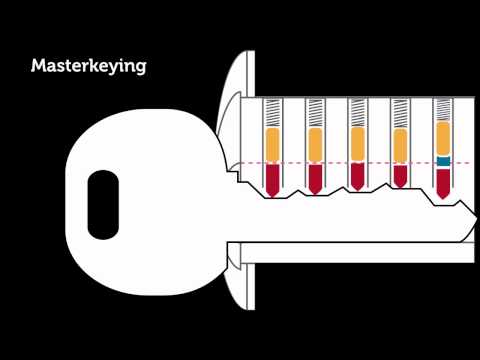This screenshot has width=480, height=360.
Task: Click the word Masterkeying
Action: pyautogui.click(x=89, y=67)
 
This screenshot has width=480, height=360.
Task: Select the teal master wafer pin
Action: pyautogui.click(x=443, y=160)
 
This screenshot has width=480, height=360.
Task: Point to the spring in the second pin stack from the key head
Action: pyautogui.click(x=315, y=113)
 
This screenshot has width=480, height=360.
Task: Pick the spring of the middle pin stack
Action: pyautogui.click(x=357, y=113)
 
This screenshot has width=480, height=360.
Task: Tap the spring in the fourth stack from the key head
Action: pyautogui.click(x=400, y=113)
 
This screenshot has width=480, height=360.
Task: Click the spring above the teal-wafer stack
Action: pyautogui.click(x=443, y=110)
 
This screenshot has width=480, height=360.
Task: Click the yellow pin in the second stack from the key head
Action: pyautogui.click(x=315, y=146)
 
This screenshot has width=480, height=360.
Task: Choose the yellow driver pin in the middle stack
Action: pyautogui.click(x=357, y=145)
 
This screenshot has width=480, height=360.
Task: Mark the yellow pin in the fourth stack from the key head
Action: pyautogui.click(x=400, y=146)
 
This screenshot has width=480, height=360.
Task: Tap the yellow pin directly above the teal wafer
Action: pyautogui.click(x=443, y=138)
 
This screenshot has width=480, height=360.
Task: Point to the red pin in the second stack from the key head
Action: pyautogui.click(x=315, y=177)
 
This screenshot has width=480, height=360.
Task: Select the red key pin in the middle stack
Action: pyautogui.click(x=357, y=175)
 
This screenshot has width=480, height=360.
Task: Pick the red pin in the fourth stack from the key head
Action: pyautogui.click(x=400, y=174)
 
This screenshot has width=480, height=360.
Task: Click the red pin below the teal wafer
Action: pyautogui.click(x=443, y=179)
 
